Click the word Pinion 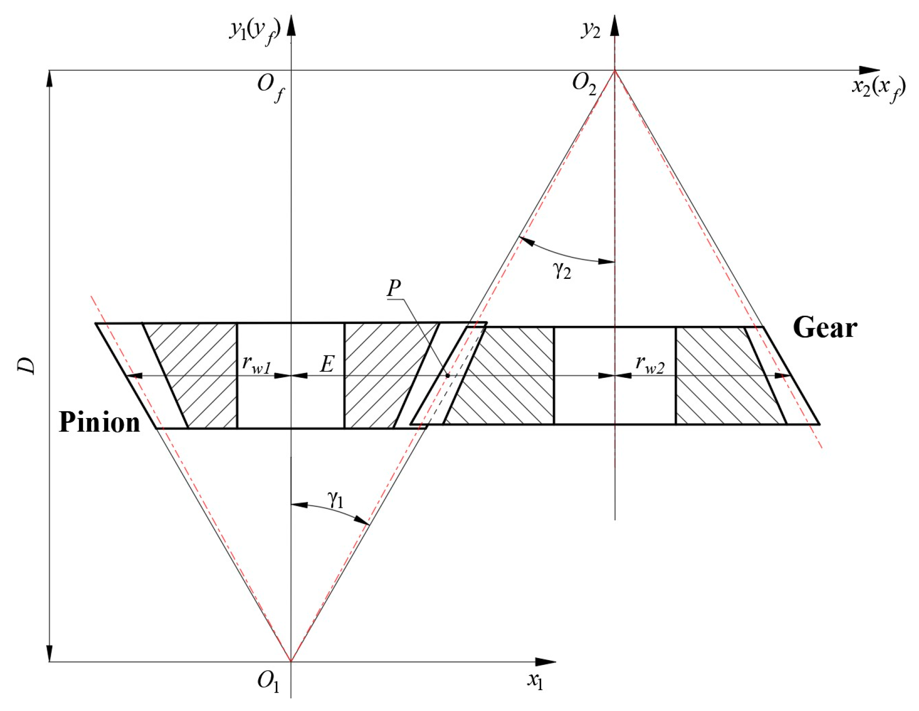pos(99,422)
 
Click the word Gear pos(824,328)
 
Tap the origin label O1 pos(268,681)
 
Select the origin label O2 pos(583,83)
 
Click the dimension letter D pos(27,366)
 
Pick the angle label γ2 pos(562,270)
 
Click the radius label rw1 pos(256,364)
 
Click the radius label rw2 pos(649,364)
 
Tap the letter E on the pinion pos(327,364)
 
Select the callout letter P pos(394,288)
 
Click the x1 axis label pos(535,681)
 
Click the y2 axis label pos(591,30)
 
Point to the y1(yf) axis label pos(255,32)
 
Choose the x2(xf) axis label pos(878,89)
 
